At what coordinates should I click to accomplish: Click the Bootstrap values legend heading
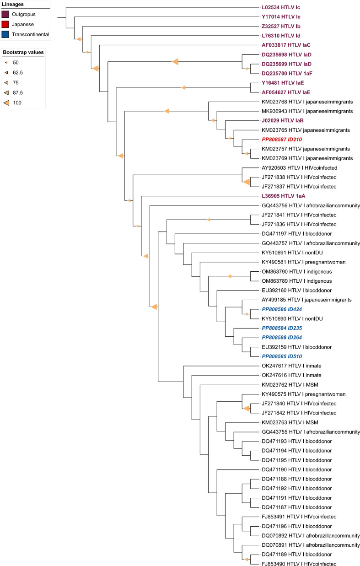(23, 52)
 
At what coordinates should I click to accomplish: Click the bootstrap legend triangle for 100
(8, 103)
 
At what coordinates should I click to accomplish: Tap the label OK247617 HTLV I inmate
(290, 366)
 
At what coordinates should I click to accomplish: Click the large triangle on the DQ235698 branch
(175, 62)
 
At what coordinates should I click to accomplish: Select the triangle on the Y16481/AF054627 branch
(184, 87)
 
